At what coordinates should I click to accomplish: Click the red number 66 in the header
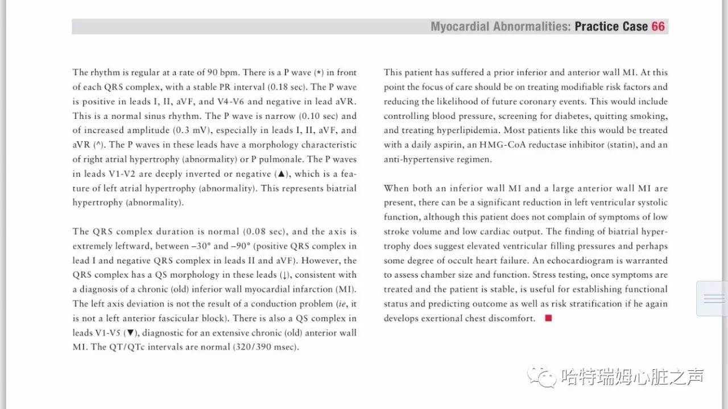coord(658,27)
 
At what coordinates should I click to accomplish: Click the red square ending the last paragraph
coord(548,319)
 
